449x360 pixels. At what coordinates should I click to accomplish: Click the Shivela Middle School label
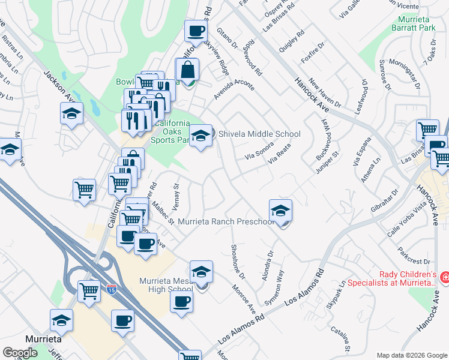(259, 134)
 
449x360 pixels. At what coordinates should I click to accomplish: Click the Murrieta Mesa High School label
(165, 286)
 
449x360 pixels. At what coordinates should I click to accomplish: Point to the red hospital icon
(445, 277)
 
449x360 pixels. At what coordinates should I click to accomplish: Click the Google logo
(20, 353)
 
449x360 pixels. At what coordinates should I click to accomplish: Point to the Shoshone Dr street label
(238, 261)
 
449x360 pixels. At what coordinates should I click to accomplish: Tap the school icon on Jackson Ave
(71, 113)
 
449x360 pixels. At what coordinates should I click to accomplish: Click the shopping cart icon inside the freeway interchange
(89, 292)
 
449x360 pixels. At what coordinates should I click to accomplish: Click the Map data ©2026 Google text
(412, 355)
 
